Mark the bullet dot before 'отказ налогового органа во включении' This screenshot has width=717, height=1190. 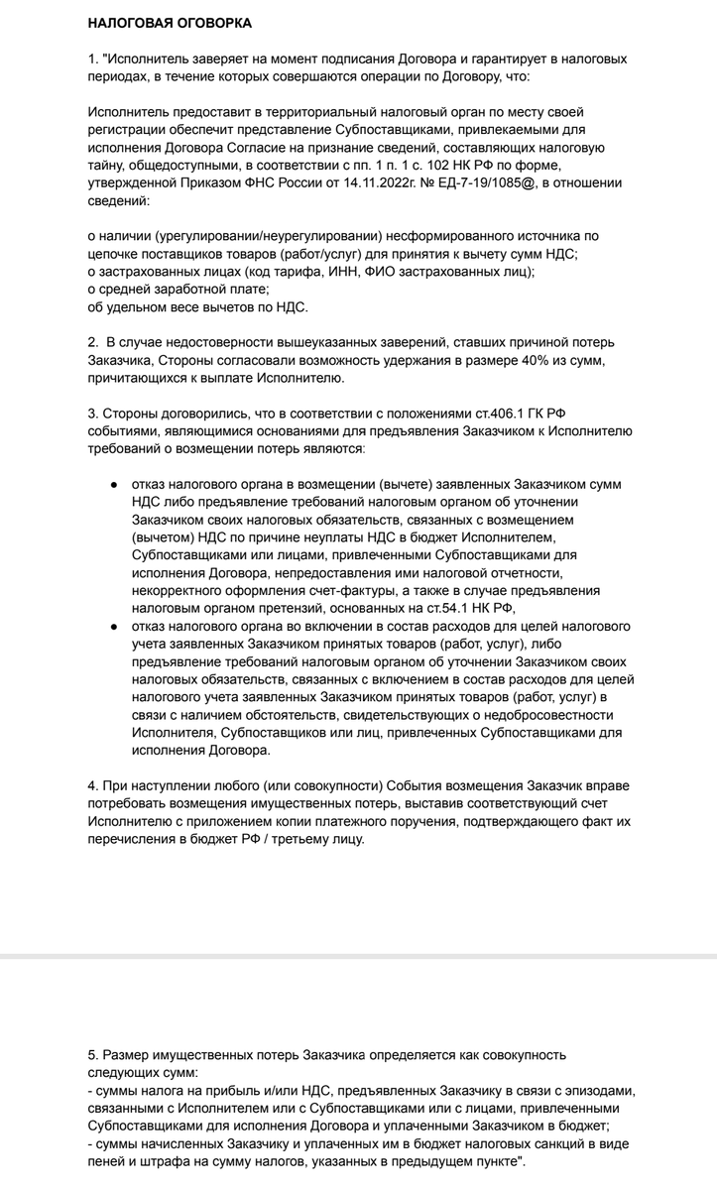coord(115,627)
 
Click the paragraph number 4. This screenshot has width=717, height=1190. coord(92,786)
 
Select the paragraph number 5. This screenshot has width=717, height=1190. coord(92,1054)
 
